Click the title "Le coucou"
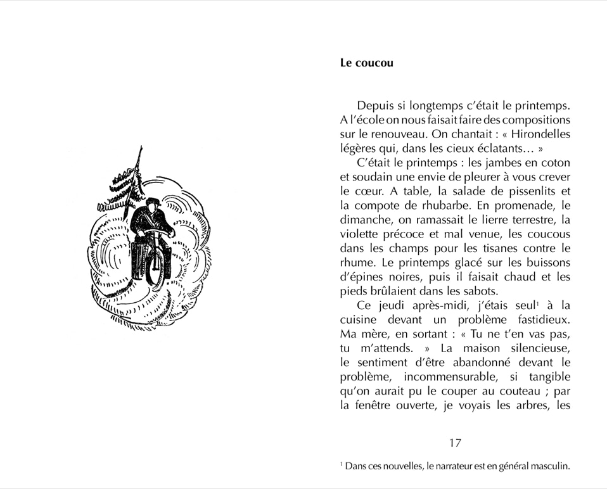coord(366,63)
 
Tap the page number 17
coord(455,443)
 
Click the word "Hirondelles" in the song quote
coord(540,134)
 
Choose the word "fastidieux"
coord(538,320)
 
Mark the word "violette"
coord(362,234)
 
